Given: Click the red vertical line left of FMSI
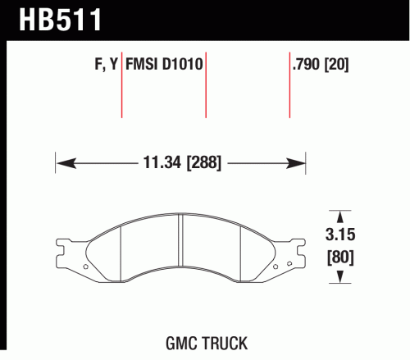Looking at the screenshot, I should [122, 90].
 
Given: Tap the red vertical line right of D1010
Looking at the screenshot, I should [206, 90].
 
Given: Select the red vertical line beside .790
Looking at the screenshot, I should [290, 90].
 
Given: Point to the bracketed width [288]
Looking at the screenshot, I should [203, 163].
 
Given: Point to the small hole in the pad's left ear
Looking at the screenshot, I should [84, 268].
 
